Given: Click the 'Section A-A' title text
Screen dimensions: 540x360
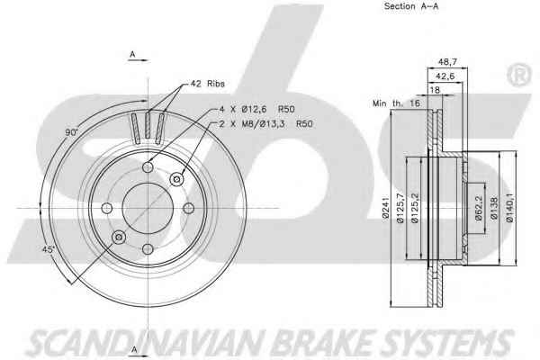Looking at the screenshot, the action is (x=411, y=6).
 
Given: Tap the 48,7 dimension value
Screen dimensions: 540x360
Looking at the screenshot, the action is (x=447, y=62).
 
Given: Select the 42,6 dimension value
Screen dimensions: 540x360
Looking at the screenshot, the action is (x=445, y=76).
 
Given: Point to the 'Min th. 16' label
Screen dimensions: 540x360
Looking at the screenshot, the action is (x=396, y=103).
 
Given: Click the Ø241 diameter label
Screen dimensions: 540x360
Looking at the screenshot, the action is (x=385, y=208).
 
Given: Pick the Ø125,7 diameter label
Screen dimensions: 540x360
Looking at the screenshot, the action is (x=400, y=208).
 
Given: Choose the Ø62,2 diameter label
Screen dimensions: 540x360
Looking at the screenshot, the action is (x=479, y=208).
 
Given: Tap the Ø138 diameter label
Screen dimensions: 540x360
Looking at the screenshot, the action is (x=494, y=208).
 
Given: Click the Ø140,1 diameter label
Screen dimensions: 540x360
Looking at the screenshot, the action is (x=509, y=207).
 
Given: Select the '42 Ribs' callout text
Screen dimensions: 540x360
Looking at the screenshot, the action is (x=207, y=84).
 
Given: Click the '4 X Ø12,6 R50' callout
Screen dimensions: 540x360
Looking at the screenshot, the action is (x=257, y=110).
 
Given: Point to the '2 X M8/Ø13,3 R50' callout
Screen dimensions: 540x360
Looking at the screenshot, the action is (x=266, y=124).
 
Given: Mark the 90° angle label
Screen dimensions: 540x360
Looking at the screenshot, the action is (x=72, y=132).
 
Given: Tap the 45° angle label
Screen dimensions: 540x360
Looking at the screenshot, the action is (x=49, y=249).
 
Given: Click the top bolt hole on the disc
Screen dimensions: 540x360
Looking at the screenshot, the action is (x=148, y=167).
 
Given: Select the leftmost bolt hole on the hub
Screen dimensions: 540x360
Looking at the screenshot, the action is (x=107, y=208).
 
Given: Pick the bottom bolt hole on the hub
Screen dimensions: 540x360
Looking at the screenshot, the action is (x=148, y=248).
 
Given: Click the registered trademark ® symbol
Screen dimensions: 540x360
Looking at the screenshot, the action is (x=519, y=75).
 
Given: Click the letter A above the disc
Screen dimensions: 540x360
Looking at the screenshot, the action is (x=132, y=54).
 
